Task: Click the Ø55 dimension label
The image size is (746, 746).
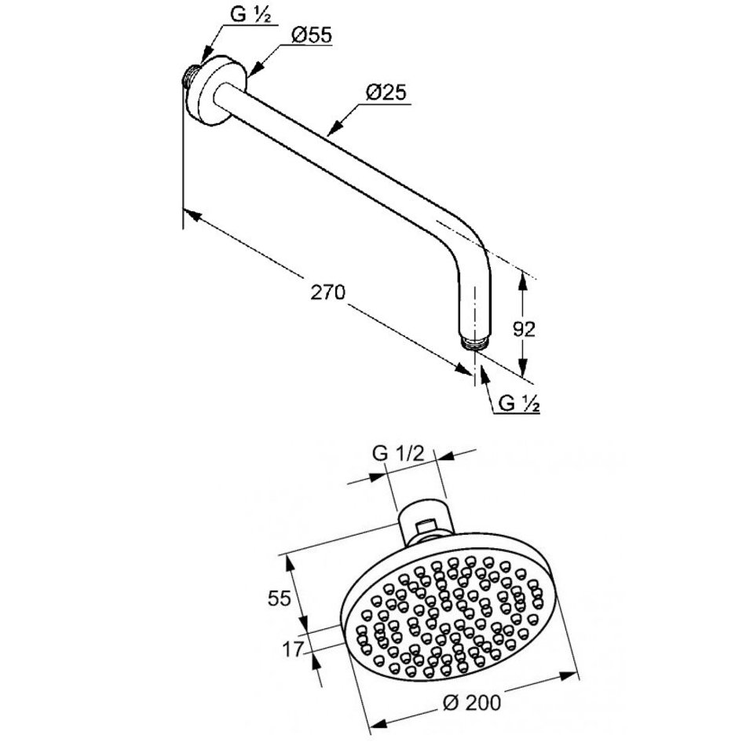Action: point(311,35)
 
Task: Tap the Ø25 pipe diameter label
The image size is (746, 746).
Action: point(386,93)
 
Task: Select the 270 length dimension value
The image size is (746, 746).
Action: point(327,293)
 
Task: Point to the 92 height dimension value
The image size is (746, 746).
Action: point(525,329)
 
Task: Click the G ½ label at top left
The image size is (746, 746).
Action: point(250,14)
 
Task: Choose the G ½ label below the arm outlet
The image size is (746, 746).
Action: point(519,404)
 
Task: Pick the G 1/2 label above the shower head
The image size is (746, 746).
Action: point(398,454)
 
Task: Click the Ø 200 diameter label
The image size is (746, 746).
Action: point(471,702)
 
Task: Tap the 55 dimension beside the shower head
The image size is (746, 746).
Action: point(279,598)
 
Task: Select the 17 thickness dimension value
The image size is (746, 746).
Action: point(293,649)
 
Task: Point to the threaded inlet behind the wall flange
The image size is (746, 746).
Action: point(190,76)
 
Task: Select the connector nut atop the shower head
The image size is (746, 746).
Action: point(426,521)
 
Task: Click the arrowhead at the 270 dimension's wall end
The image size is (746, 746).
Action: point(192,214)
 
